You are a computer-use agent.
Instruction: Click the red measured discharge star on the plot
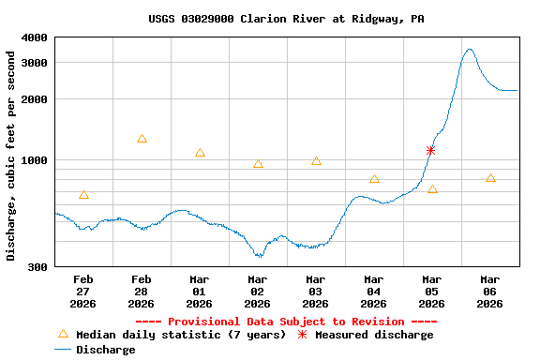coord(431,150)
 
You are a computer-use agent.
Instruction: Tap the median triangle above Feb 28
coord(142,139)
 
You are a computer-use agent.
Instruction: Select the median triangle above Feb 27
coord(84,195)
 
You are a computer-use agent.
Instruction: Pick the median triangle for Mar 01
coord(200,153)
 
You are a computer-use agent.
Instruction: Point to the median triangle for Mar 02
coord(258,164)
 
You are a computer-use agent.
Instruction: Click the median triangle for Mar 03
coord(316,160)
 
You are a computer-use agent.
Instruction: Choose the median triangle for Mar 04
coord(374,179)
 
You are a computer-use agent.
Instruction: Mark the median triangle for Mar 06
coord(490,178)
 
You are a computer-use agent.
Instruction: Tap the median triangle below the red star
coord(432,189)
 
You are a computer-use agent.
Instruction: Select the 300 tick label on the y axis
coord(37,267)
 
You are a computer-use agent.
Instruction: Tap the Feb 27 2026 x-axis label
coord(83,291)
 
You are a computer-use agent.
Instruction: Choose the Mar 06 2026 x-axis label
coord(489,291)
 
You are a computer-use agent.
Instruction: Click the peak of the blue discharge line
coord(469,50)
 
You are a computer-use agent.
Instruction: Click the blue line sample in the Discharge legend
coord(63,349)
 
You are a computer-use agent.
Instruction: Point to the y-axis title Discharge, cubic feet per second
coord(11,156)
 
